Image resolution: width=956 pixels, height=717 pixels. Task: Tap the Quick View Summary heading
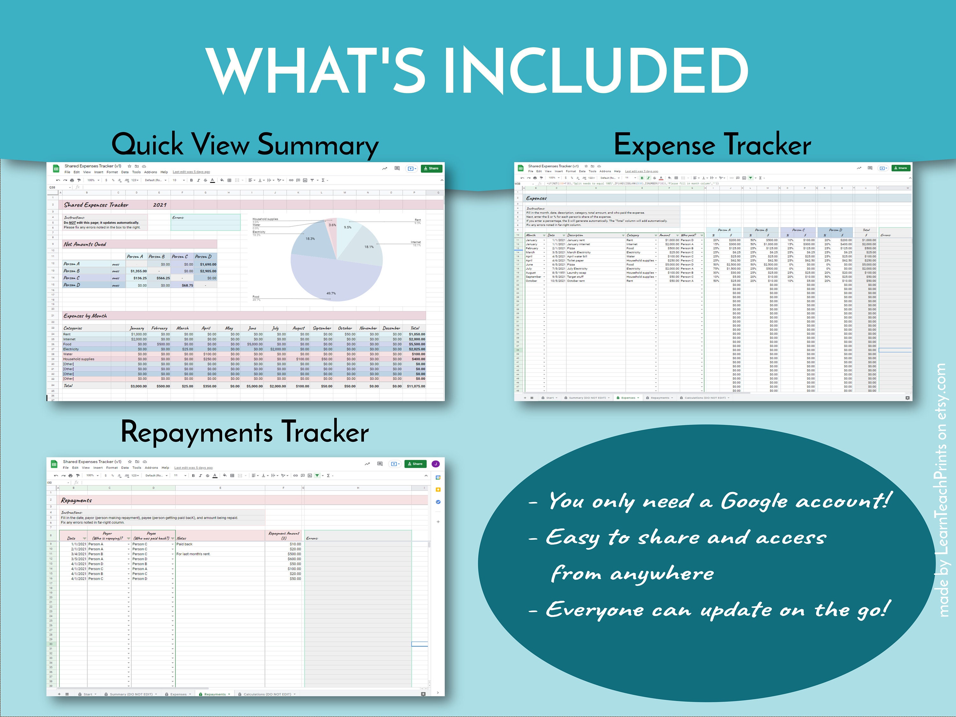point(245,144)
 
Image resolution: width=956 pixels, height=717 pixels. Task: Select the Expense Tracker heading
point(712,144)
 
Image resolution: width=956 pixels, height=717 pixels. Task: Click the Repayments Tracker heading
point(245,432)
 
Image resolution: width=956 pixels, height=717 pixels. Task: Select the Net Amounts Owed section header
point(85,244)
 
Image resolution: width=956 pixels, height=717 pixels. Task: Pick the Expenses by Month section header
point(85,316)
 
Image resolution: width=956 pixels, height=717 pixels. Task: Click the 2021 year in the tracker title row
point(159,205)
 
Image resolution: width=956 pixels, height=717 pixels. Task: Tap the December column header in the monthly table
point(391,328)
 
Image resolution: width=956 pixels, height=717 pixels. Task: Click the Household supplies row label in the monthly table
point(79,359)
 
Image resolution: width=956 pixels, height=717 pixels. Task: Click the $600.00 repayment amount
point(295,559)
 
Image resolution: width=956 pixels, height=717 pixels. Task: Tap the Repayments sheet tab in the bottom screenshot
point(215,694)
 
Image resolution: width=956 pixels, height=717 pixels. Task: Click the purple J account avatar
point(436,464)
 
